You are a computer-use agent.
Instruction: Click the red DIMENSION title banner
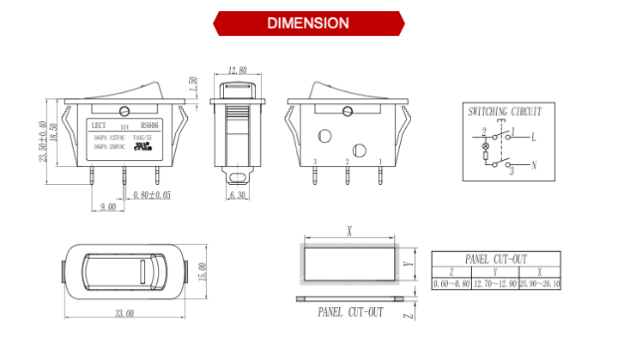tap(308, 23)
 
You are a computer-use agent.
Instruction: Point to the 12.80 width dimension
tap(238, 71)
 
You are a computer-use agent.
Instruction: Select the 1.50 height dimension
tap(193, 84)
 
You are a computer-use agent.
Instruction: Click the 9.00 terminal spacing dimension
tap(108, 207)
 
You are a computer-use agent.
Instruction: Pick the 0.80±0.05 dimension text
tap(152, 195)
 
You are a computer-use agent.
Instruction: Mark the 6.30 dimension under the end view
tap(239, 195)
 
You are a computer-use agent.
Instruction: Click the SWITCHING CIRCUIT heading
tap(505, 112)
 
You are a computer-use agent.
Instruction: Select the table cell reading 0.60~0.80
tap(451, 284)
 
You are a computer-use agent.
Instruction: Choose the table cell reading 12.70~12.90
tap(495, 284)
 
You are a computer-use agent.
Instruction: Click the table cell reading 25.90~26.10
tap(539, 284)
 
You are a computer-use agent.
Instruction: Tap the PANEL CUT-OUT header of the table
tap(496, 259)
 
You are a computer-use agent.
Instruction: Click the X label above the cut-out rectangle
tap(348, 230)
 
